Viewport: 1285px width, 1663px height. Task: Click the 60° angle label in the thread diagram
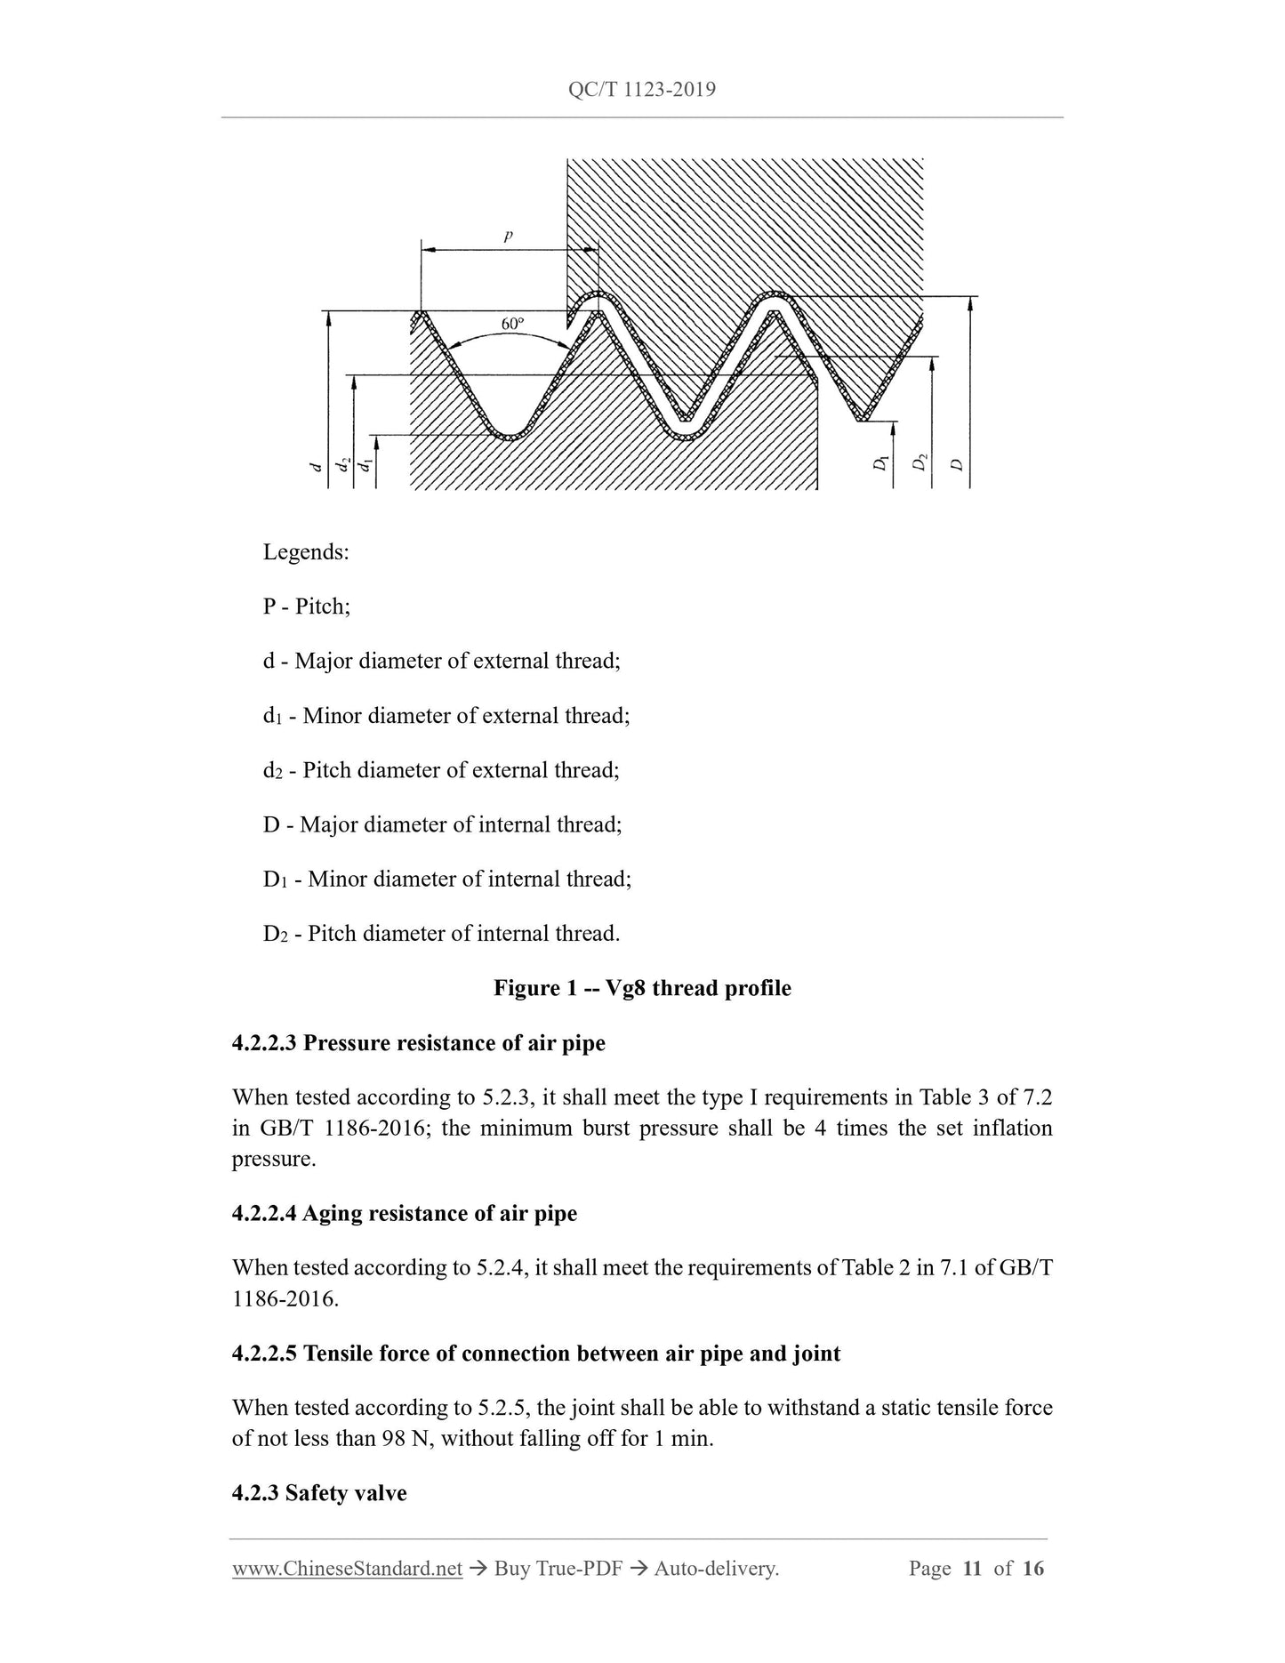click(512, 324)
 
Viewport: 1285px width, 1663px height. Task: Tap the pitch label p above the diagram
click(509, 237)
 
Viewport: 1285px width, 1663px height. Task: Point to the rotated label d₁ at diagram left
click(364, 463)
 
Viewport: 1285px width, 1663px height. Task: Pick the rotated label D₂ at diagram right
click(921, 462)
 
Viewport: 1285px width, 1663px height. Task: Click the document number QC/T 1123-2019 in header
click(641, 90)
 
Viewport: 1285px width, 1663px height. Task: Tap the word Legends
click(306, 552)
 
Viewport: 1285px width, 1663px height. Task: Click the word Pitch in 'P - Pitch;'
click(323, 607)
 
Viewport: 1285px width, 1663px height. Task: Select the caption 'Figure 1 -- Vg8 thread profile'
click(642, 989)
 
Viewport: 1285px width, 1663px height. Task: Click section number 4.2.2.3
click(264, 1043)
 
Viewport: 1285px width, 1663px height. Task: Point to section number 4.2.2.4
click(264, 1214)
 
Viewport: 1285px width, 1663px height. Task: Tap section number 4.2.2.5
click(264, 1354)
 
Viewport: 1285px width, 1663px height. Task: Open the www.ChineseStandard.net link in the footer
click(347, 1569)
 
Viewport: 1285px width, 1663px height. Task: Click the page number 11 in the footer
click(972, 1569)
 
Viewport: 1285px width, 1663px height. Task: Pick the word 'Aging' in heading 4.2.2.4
click(330, 1214)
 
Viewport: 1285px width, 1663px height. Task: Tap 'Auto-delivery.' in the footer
click(716, 1569)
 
